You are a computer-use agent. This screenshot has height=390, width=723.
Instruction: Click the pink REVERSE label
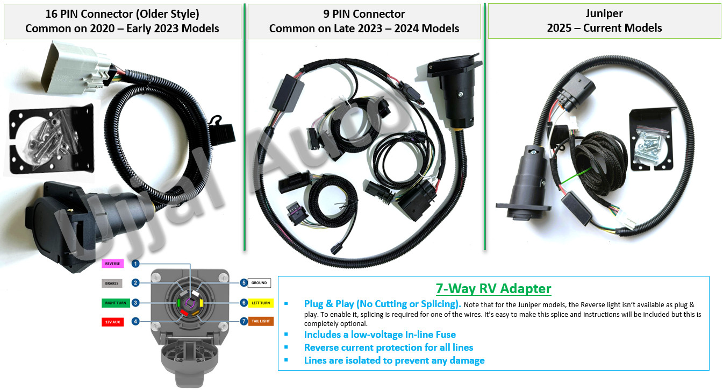[x=113, y=264]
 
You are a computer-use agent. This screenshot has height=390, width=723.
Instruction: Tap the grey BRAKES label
[x=112, y=283]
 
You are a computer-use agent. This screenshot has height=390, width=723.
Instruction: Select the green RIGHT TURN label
[x=116, y=303]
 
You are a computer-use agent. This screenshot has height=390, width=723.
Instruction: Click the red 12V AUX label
[x=113, y=322]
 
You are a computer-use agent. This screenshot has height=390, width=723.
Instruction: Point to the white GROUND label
[x=259, y=283]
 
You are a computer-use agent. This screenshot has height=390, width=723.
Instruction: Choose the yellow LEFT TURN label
[x=261, y=303]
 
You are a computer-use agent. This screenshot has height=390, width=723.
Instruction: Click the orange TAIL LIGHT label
[x=261, y=321]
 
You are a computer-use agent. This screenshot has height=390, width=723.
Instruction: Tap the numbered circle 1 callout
[x=135, y=264]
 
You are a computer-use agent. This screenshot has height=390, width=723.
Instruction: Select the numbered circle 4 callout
[x=135, y=322]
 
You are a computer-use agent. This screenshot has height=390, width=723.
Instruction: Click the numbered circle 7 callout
[x=244, y=321]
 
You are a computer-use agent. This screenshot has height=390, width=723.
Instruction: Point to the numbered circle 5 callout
[x=244, y=283]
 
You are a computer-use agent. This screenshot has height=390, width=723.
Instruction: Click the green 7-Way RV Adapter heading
[x=493, y=288]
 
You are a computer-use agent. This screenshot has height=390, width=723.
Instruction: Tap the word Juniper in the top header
[x=604, y=13]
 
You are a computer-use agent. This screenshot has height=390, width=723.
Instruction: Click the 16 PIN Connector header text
[x=123, y=14]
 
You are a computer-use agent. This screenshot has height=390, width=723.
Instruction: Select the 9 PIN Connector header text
[x=364, y=14]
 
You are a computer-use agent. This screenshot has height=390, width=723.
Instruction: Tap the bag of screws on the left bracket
[x=52, y=136]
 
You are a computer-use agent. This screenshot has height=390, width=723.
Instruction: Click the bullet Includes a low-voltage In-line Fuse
[x=380, y=335]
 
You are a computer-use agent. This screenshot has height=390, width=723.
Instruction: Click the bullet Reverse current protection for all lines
[x=389, y=348]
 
